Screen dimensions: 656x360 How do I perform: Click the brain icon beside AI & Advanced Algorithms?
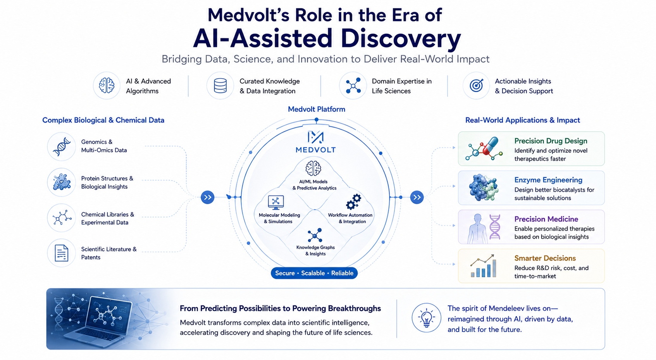(x=106, y=86)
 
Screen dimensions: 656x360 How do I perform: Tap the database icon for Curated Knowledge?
(x=220, y=86)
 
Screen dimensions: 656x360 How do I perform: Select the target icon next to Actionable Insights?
(x=477, y=85)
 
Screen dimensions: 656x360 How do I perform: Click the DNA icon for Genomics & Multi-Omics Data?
(x=62, y=146)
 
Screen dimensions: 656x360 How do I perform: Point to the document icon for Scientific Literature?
(x=62, y=253)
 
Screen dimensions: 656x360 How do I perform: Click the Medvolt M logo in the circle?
(x=315, y=138)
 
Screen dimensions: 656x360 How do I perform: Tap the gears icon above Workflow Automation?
(x=353, y=202)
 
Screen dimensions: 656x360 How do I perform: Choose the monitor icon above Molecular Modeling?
(x=275, y=202)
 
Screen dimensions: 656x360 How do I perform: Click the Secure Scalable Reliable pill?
(x=314, y=273)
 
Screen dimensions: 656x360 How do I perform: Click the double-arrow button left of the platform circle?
(x=208, y=197)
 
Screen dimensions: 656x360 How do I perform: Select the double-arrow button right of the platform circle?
(x=417, y=197)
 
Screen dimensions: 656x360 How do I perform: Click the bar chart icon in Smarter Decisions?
(x=483, y=266)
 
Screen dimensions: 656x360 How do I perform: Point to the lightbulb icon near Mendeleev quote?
(x=426, y=317)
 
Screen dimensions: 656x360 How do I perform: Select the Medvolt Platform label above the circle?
(x=317, y=109)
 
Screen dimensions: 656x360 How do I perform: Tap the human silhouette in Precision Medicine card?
(x=477, y=229)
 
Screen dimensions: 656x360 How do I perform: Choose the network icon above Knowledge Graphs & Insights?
(x=315, y=235)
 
